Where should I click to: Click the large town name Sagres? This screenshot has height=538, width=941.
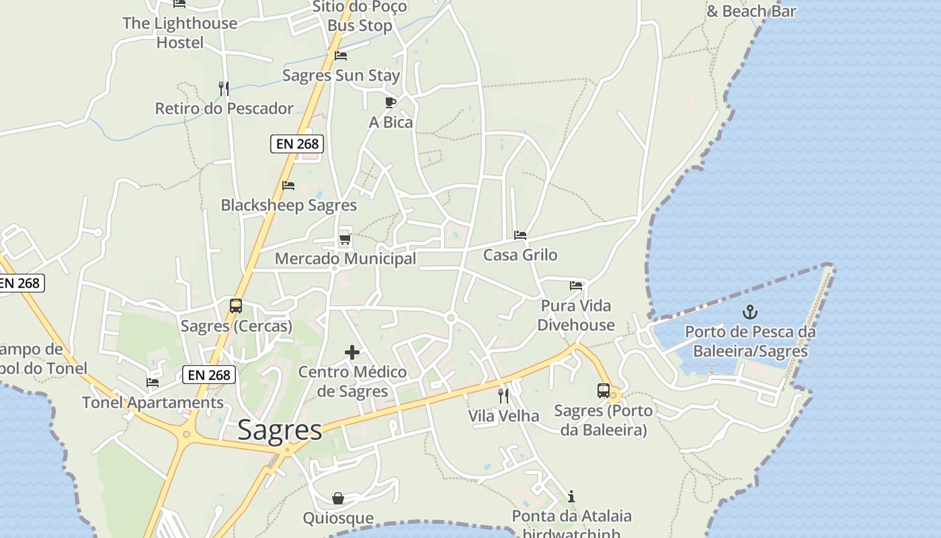280,430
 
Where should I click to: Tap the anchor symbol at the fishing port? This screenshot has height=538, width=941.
749,312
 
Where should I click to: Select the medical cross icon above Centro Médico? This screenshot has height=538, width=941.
352,352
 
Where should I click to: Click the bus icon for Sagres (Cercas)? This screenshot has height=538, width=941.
236,306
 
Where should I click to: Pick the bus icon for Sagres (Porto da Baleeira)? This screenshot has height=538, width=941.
604,391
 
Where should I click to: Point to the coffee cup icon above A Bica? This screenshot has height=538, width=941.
391,102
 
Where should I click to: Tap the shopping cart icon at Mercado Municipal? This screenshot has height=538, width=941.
345,239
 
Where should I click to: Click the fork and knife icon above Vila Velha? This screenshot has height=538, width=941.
503,396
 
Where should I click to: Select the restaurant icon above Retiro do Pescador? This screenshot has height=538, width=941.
224,88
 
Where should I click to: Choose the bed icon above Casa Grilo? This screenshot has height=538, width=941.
520,235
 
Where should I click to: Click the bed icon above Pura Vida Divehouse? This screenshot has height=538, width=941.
576,286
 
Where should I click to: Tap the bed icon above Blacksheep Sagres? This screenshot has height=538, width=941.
288,185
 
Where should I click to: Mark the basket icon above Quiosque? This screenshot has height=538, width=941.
338,498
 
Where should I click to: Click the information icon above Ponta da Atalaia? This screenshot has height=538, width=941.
571,497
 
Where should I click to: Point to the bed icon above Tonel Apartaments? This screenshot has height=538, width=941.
153,383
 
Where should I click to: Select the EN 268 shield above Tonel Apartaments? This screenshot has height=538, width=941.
209,375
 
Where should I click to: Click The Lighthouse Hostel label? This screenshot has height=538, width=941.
179,33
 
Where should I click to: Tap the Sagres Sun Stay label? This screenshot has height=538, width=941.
341,75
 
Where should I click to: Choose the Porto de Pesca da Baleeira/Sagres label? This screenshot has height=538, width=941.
750,341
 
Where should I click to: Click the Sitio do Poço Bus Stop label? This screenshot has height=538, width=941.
360,17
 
